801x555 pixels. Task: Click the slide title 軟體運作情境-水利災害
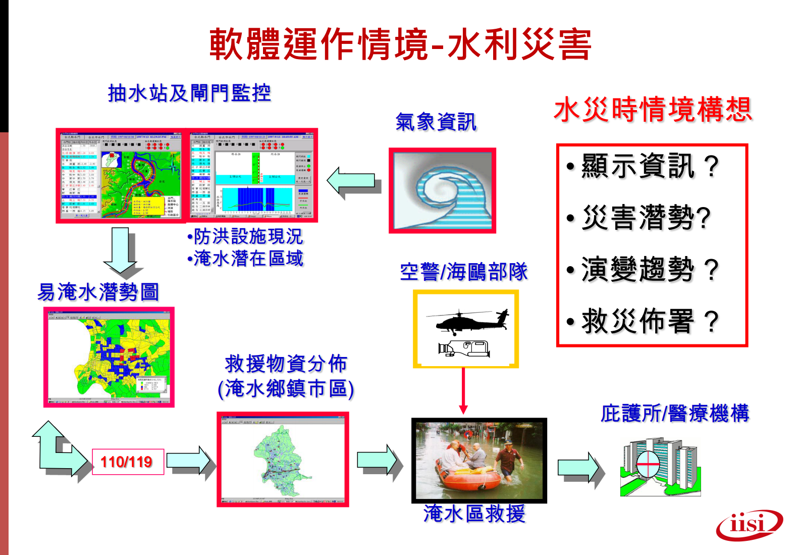[x=400, y=44]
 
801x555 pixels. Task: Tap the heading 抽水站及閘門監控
[x=189, y=93]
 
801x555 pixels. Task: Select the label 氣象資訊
[x=436, y=122]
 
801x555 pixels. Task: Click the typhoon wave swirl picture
[x=442, y=191]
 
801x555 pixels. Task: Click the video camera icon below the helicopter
[x=464, y=348]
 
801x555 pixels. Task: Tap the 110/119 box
[x=128, y=462]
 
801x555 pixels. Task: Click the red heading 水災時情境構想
[x=653, y=110]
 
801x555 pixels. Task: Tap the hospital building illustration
[x=660, y=467]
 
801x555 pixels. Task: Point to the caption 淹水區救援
[x=474, y=514]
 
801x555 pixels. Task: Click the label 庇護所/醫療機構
[x=675, y=413]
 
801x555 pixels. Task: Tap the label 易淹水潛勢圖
[x=98, y=292]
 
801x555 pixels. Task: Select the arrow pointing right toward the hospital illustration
[x=579, y=468]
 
